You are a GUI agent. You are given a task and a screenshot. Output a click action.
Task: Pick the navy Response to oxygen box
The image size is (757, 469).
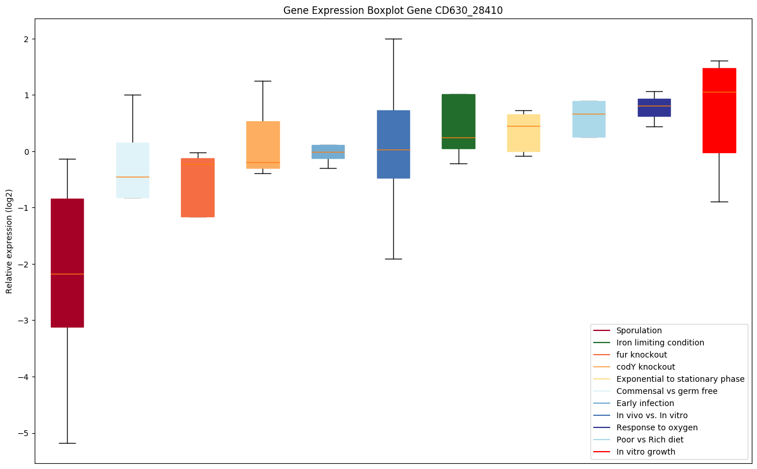653,107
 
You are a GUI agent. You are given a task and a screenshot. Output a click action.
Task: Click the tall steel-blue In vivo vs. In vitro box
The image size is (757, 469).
393,144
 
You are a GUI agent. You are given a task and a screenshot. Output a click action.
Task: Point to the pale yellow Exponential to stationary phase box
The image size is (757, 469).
523,133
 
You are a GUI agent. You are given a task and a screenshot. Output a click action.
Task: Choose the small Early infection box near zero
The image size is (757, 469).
328,151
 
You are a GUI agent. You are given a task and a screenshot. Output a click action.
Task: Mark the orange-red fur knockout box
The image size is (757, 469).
198,187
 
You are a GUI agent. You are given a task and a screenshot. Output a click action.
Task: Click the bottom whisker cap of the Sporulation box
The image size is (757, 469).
67,443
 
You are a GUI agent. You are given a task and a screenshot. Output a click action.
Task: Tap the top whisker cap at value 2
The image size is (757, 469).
393,39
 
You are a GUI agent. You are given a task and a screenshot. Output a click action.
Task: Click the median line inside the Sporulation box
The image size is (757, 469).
67,274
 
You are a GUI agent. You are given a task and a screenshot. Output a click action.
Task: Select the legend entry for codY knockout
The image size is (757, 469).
645,367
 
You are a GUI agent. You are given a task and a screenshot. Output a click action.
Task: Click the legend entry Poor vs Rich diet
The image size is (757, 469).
649,440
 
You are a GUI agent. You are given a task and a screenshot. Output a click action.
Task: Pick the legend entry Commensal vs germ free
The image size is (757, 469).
666,391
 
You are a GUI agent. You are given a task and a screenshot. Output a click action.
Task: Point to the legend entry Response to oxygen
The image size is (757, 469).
656,427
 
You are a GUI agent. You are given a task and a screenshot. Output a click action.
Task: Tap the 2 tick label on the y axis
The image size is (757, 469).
25,39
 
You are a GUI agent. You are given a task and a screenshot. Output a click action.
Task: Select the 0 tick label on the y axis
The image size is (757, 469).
25,151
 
